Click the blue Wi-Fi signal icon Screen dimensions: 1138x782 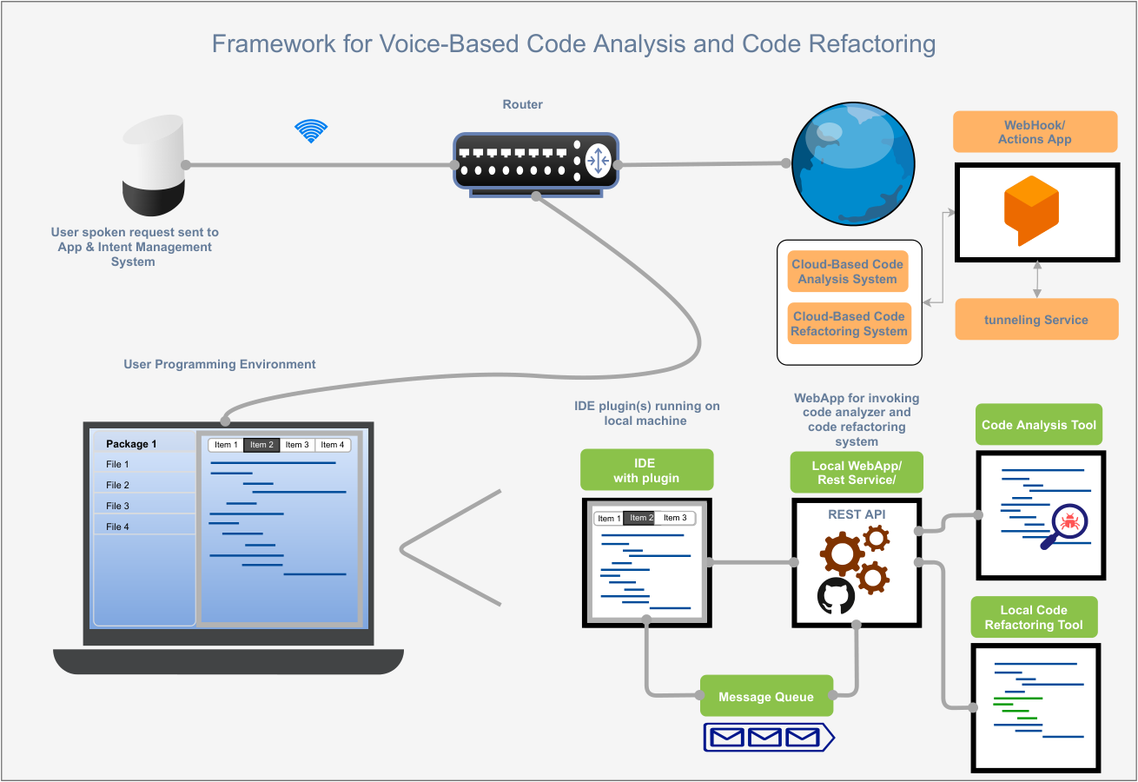[311, 131]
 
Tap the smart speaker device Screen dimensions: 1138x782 [154, 165]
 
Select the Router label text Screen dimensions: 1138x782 [522, 104]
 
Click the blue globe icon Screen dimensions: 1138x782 [853, 163]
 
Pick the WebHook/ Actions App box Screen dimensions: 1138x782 [1035, 132]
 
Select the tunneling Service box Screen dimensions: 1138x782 [1036, 319]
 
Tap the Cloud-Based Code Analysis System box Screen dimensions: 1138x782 [847, 271]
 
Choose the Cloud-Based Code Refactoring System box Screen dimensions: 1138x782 [849, 323]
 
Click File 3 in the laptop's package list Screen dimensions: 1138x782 [117, 506]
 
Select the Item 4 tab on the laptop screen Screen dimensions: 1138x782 [332, 445]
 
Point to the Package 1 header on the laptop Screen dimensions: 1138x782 [131, 444]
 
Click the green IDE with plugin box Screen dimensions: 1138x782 [646, 470]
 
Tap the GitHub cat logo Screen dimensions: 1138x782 [836, 595]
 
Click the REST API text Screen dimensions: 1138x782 [857, 514]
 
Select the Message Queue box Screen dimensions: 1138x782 [766, 696]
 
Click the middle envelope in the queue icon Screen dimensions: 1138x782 [764, 738]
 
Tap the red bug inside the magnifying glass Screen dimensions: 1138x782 [1070, 520]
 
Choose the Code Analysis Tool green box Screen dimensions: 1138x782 [1038, 425]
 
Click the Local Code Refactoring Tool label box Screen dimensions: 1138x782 [1034, 617]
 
